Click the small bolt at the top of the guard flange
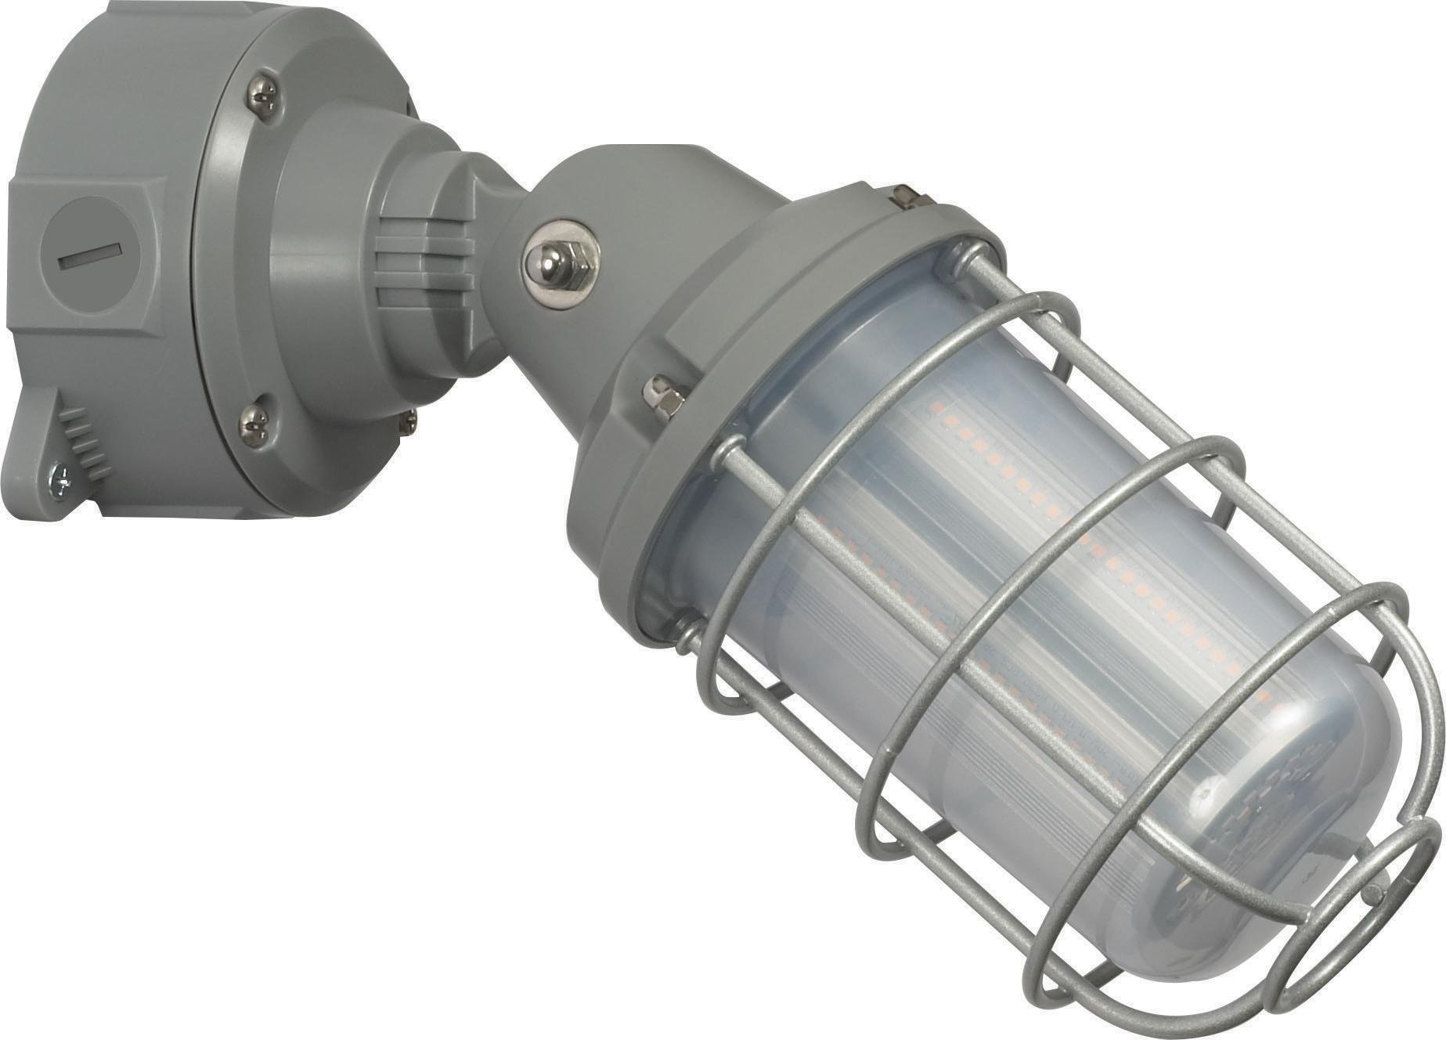(909, 196)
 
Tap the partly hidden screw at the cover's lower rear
(409, 422)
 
